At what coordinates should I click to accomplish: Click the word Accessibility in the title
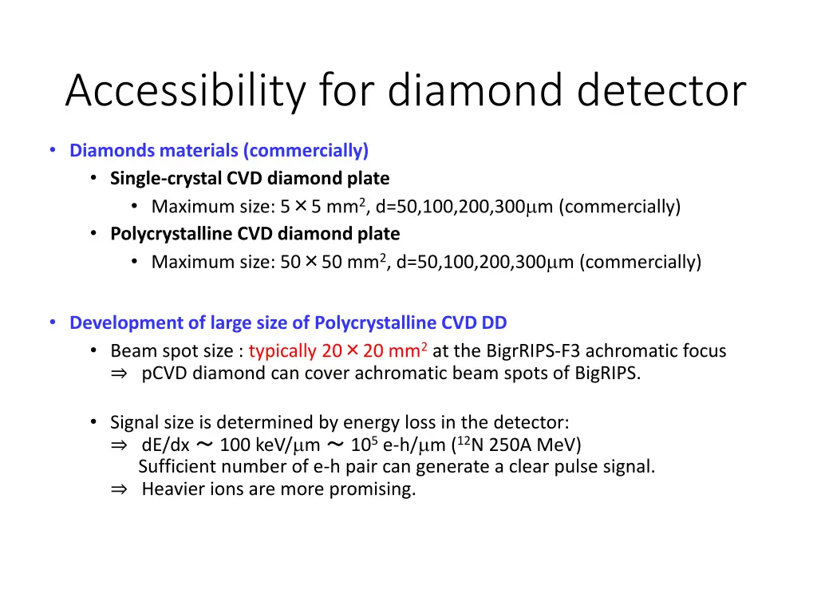click(184, 91)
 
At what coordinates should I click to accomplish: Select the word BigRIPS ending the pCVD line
click(606, 374)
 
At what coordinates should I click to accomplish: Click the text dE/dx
click(165, 445)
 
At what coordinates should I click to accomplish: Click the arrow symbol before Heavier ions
click(119, 489)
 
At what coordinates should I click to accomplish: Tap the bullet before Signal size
click(93, 421)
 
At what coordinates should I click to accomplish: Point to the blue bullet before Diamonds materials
click(53, 150)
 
